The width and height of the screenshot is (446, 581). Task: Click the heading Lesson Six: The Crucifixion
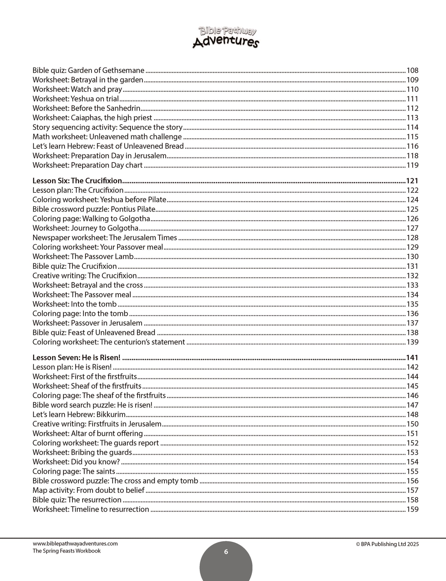pos(77,181)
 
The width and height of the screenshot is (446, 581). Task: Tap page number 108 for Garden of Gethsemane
pos(412,70)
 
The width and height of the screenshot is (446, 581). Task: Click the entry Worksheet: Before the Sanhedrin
pos(86,108)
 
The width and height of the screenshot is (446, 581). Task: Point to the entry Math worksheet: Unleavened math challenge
pos(107,137)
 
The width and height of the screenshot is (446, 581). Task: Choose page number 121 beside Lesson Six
pos(412,181)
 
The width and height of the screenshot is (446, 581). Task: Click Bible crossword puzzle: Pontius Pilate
pos(94,209)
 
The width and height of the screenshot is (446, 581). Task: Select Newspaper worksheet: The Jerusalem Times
pos(105,237)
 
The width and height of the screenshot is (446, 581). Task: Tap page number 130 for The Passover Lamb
pos(412,257)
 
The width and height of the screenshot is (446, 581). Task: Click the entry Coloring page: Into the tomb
pos(80,314)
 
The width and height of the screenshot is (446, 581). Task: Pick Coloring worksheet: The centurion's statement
pos(109,342)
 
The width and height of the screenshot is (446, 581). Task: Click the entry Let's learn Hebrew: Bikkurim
pos(79,414)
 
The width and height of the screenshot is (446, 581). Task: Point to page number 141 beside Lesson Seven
pos(412,358)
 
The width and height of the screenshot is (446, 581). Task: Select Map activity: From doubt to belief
pos(89,490)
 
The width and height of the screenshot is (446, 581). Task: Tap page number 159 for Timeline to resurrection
pos(412,509)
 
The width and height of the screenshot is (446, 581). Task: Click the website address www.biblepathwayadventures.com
pos(75,544)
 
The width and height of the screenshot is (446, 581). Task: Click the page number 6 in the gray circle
pos(226,552)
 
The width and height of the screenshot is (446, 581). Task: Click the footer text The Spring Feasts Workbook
pos(66,551)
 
